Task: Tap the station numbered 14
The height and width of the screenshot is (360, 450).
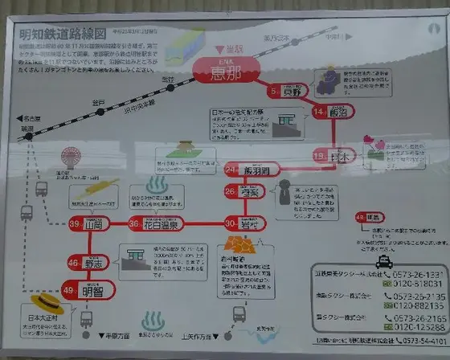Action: (329, 112)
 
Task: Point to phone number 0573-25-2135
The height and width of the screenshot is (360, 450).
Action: (413, 296)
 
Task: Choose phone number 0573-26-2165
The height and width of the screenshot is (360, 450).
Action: (413, 318)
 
